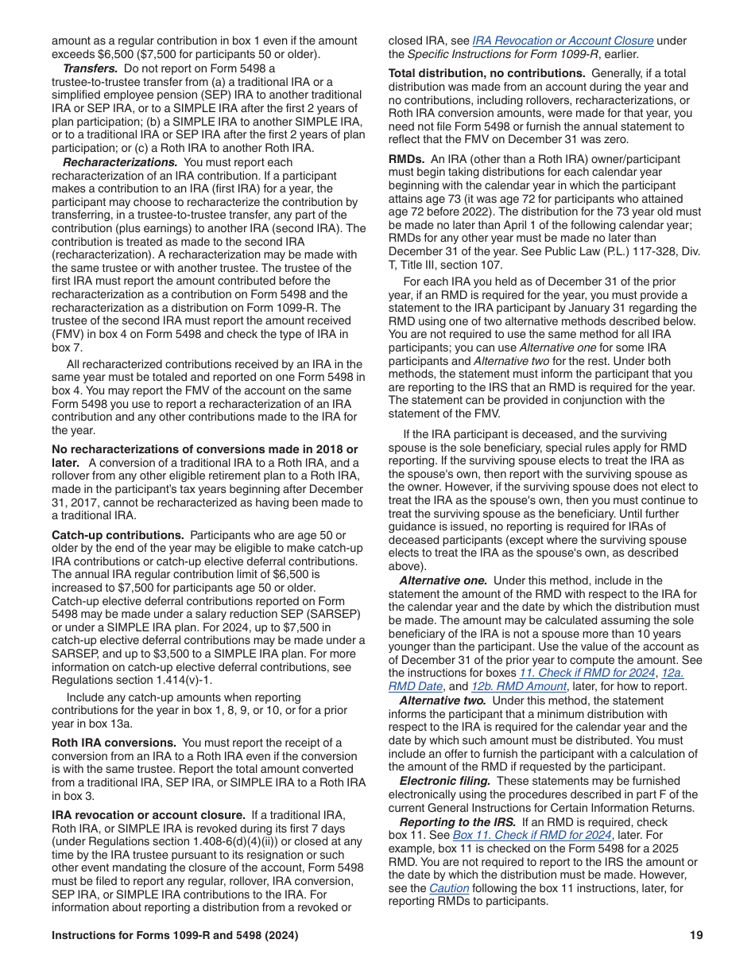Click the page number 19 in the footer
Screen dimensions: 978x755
point(696,936)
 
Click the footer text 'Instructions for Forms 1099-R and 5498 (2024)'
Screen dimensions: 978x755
point(175,936)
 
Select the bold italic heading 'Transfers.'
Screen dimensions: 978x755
point(91,68)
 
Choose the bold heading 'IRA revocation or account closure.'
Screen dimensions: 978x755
point(149,815)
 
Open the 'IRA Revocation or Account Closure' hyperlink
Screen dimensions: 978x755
point(563,41)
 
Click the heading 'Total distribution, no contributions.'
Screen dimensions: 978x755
point(486,73)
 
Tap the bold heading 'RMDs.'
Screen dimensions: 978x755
point(406,159)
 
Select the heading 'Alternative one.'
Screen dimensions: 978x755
point(443,580)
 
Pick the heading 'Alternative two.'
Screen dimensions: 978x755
point(443,701)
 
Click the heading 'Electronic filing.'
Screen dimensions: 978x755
point(444,781)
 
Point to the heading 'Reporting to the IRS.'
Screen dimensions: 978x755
point(457,821)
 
